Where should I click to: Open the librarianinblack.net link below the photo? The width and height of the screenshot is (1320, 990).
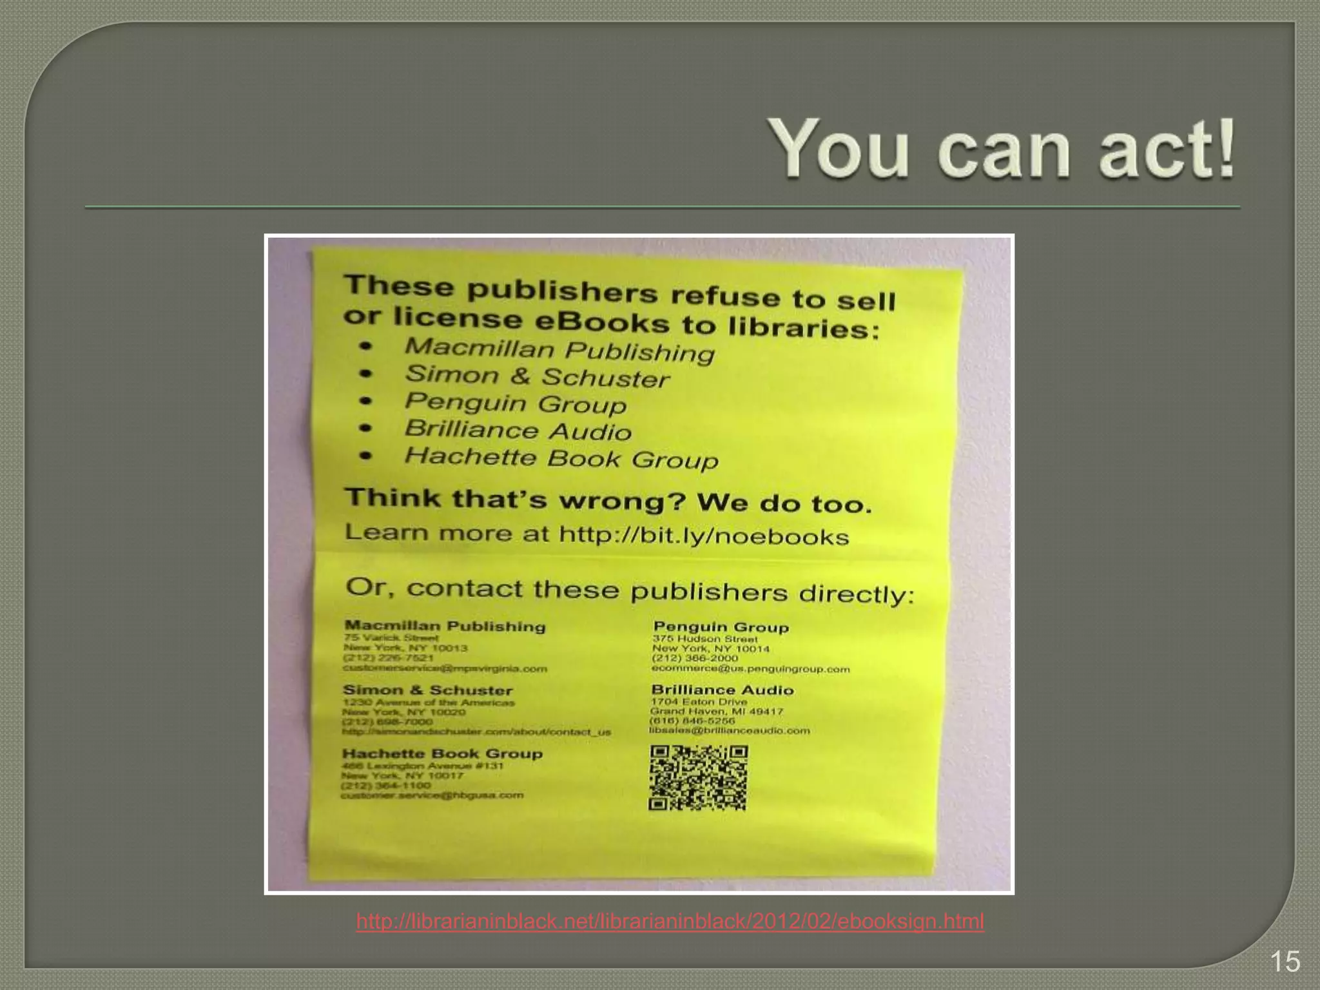pos(670,922)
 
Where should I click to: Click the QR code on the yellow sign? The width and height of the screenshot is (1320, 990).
pos(698,777)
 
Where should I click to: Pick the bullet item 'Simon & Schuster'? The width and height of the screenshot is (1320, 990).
pos(537,376)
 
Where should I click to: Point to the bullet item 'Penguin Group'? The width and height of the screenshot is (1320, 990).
pos(515,403)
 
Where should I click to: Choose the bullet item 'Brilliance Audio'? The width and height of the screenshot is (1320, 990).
pos(518,431)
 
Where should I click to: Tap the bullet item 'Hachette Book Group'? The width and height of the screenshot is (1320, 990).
pos(561,458)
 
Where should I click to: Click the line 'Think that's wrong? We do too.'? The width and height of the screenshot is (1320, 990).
pos(608,501)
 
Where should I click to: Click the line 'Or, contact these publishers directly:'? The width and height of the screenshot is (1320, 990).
pos(630,590)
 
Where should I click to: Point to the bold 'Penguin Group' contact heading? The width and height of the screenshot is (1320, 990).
pos(721,627)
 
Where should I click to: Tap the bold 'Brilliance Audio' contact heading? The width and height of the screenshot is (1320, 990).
pos(722,690)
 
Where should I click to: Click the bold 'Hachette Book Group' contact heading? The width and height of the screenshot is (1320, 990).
pos(442,753)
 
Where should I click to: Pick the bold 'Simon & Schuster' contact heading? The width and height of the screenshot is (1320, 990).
pos(427,690)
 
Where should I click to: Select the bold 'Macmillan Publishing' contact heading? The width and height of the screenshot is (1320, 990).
pos(445,626)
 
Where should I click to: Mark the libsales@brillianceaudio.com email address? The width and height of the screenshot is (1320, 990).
pos(729,731)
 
